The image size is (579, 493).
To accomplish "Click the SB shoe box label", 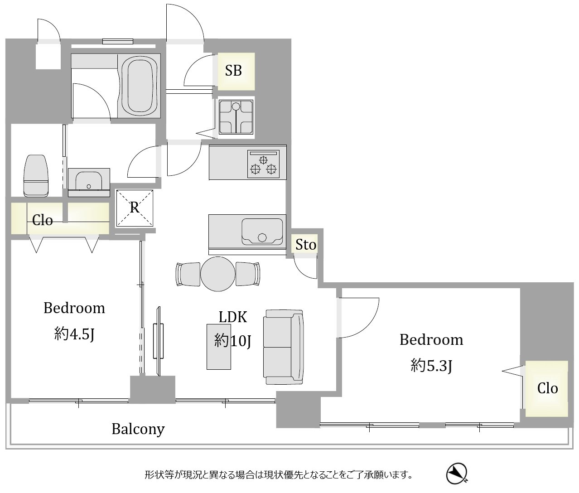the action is coord(233,71).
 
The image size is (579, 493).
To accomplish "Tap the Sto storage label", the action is coord(306,245).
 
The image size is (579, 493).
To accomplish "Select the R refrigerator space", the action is coord(135,208).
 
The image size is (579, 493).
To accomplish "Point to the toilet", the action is coord(36,176).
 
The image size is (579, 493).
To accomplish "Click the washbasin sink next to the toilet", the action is coord(89,182).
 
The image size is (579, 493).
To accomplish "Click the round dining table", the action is coord(217,274).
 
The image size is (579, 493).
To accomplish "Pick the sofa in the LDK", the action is coord(284,347).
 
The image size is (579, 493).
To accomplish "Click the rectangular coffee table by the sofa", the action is coord(219,347).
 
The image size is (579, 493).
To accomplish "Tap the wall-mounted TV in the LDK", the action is coord(159,341).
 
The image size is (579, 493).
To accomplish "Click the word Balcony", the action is coord(138,429).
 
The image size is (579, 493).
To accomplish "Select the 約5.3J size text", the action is coord(431,366).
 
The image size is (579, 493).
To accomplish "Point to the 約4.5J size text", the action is coord(74,334).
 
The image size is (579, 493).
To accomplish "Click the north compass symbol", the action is coord(457,474).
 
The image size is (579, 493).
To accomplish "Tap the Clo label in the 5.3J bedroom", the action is coord(548,388).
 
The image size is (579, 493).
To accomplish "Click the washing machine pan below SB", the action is coord(236,117).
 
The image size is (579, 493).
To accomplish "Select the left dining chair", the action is coord(188,274).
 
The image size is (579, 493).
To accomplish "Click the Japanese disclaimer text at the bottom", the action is coord(279,474).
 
